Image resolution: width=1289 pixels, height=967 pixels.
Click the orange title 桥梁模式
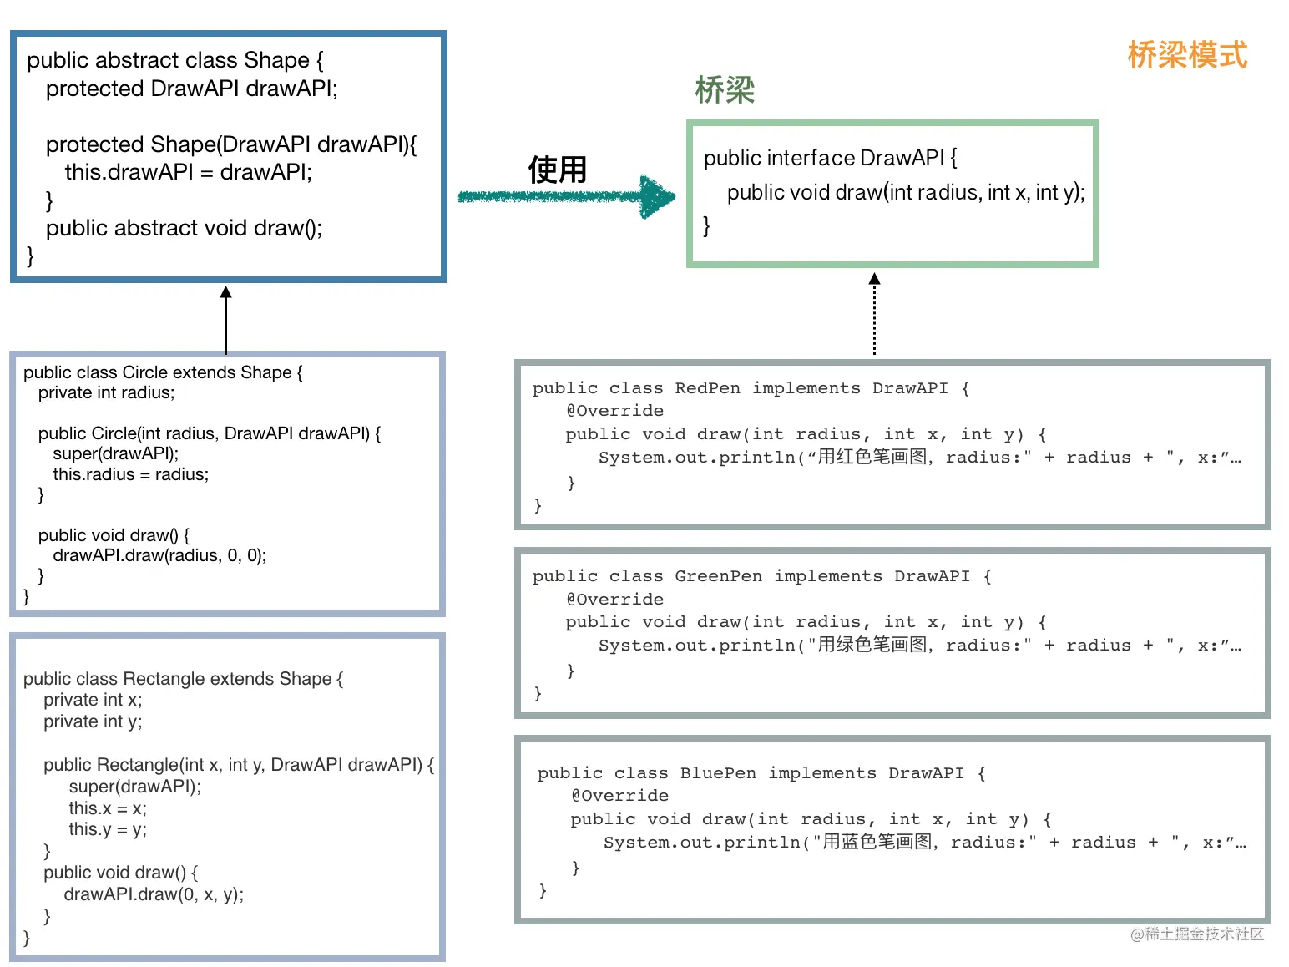coord(1187,54)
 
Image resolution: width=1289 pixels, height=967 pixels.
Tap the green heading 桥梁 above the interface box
coord(724,90)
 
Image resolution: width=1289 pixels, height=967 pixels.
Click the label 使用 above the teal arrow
coord(558,170)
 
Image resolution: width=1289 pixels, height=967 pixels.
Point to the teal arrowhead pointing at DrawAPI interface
coord(657,196)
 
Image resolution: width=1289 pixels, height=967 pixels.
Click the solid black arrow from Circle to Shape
coord(225,320)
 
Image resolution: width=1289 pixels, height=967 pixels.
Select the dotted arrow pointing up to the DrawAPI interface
coord(874,313)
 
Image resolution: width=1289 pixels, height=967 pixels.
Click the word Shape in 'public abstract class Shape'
coord(276,60)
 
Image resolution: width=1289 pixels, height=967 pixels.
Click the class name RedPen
coord(708,388)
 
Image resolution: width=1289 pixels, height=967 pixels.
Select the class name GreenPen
coord(718,576)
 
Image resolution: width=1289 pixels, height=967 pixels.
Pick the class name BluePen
coord(718,772)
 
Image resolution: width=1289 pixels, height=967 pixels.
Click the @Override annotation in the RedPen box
coord(614,410)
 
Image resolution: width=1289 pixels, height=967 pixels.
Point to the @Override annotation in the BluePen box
coord(619,796)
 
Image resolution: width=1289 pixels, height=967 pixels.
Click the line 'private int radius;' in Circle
coord(106,392)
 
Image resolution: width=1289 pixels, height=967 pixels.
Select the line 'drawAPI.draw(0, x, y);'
coord(154,894)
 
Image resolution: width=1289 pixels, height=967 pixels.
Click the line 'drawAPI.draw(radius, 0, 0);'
coord(159,554)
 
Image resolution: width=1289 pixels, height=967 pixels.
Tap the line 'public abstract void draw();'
coord(184,228)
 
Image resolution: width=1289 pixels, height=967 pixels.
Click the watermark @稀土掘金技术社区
coord(1196,934)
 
